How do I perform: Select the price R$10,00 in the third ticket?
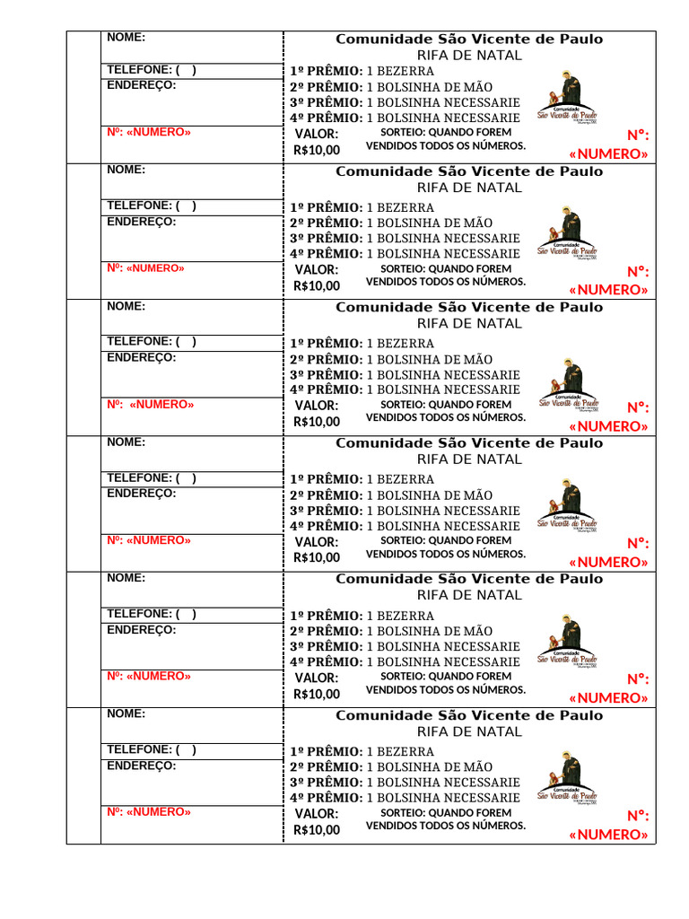coord(317,422)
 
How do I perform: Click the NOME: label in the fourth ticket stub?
coord(126,442)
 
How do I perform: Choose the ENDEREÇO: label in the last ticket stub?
coord(142,766)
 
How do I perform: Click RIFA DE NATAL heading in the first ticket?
coord(469,55)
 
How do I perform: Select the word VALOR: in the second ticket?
coord(317,269)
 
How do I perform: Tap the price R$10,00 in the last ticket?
coord(317,829)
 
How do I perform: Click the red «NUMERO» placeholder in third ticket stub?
coord(161,404)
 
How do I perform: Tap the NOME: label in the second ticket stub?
coord(126,170)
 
